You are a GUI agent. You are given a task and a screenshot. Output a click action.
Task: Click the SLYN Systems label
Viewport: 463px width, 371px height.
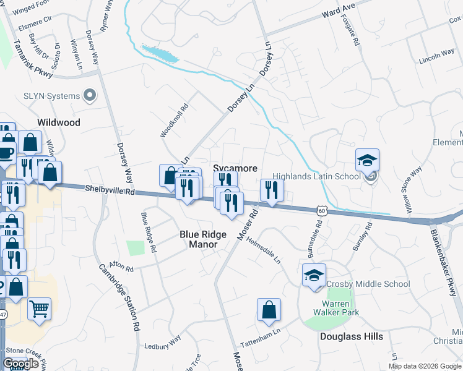tap(52, 96)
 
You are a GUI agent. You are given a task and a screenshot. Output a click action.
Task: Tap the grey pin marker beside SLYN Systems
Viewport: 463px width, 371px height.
tap(90, 95)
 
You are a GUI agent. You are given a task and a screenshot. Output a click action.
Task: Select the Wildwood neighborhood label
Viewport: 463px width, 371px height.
tap(59, 122)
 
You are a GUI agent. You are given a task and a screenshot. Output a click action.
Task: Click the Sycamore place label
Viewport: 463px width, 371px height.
tap(235, 168)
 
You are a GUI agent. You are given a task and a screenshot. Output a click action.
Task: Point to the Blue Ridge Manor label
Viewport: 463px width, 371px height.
tap(199, 239)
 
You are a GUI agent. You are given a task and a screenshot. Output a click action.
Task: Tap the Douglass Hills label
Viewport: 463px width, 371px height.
tap(352, 336)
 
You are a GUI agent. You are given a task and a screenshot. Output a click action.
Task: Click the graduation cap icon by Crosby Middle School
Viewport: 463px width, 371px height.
tap(314, 275)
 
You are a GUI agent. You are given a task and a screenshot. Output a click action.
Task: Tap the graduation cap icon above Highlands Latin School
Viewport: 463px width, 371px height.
tap(367, 160)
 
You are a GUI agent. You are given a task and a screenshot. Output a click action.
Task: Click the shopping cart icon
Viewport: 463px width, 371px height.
tap(39, 308)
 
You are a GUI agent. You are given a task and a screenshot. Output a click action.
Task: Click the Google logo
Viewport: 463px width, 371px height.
tap(21, 364)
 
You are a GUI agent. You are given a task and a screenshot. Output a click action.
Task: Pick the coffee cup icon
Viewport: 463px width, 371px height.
tap(6, 153)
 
